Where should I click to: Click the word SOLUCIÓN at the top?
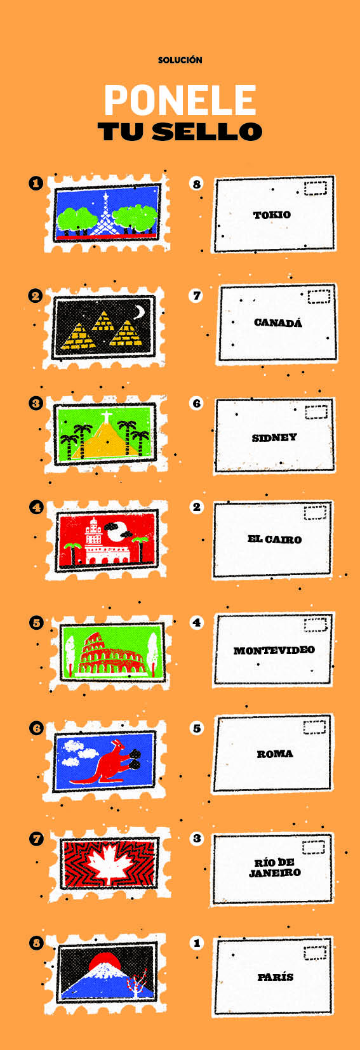pos(180,60)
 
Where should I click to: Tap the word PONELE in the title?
pos(180,100)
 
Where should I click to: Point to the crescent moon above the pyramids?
pos(140,312)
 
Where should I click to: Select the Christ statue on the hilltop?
pos(106,416)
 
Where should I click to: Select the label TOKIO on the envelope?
pos(272,215)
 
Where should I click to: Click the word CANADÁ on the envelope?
pos(278,322)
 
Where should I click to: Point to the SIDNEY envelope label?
pos(274,437)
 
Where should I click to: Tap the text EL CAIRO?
pos(275,539)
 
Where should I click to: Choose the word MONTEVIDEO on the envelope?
pos(274,650)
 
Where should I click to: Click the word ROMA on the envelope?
pos(275,754)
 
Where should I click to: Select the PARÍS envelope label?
pos(276,977)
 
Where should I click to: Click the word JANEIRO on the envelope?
pos(275,872)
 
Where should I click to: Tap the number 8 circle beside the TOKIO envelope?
pos(197,183)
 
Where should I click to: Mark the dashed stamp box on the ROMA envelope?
pos(314,727)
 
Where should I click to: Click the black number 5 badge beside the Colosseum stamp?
pos(37,623)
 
